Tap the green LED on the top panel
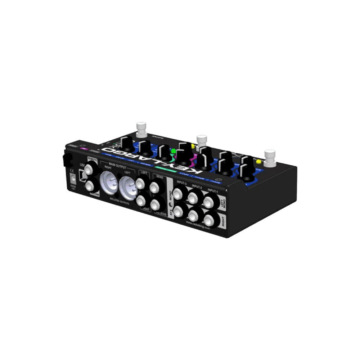click(173, 151)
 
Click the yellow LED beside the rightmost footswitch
click(258, 161)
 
